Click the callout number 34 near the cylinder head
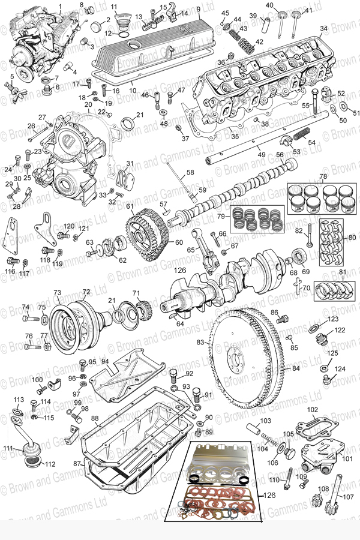pos(323,28)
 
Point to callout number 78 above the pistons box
pos(323,177)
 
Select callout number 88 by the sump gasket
pos(95,418)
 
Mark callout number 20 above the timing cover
pos(88,104)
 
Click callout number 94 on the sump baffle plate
pos(104,361)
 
